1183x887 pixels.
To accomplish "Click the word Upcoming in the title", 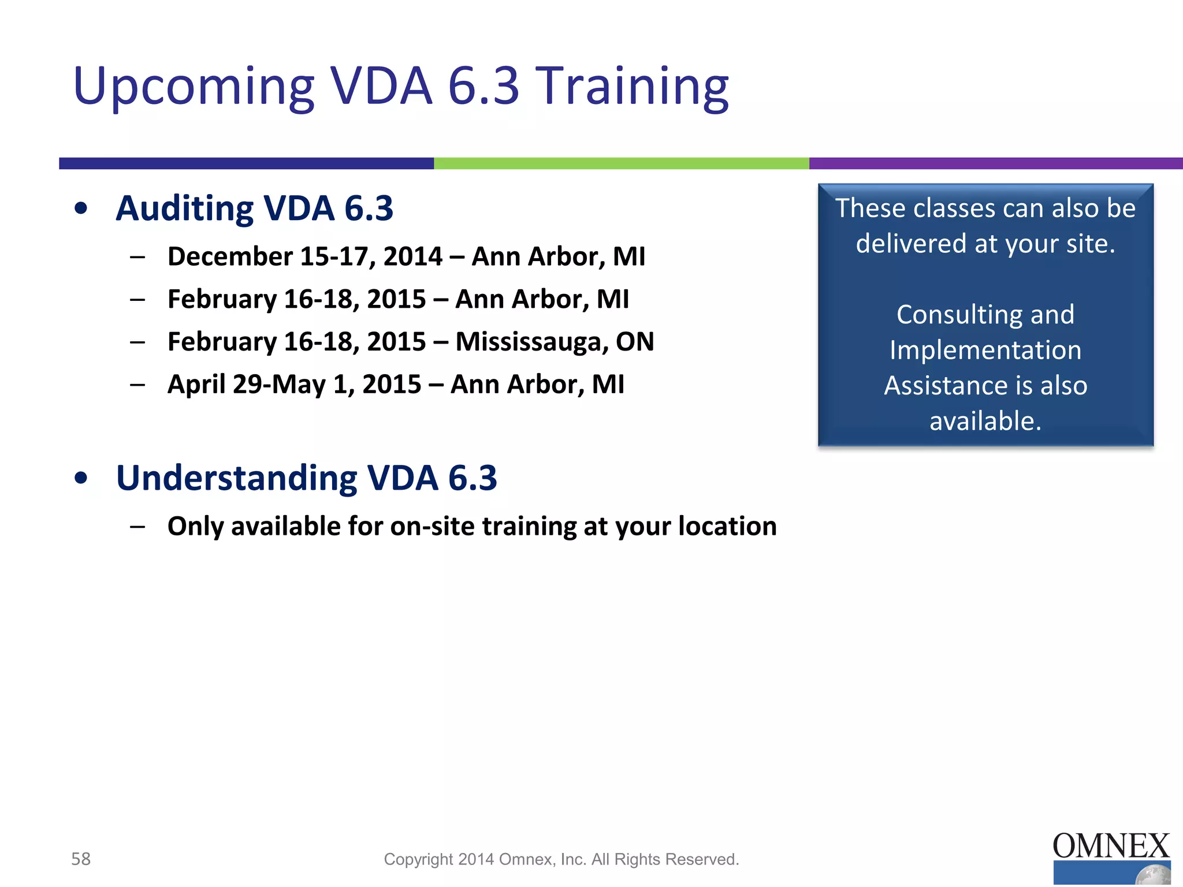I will [194, 87].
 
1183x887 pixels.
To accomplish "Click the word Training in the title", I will [634, 87].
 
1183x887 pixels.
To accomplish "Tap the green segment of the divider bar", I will [621, 163].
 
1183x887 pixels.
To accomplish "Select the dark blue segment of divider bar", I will [246, 163].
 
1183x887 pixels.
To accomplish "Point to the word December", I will [230, 256].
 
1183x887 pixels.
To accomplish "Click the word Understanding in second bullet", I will [236, 478].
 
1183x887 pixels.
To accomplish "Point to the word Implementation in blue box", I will [985, 351].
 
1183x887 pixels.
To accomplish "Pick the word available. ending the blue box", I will [985, 421].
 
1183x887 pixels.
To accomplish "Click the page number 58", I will [81, 859].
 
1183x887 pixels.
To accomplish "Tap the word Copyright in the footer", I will [418, 860].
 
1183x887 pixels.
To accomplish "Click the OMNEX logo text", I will [1110, 846].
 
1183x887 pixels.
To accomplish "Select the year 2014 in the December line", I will [412, 256].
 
